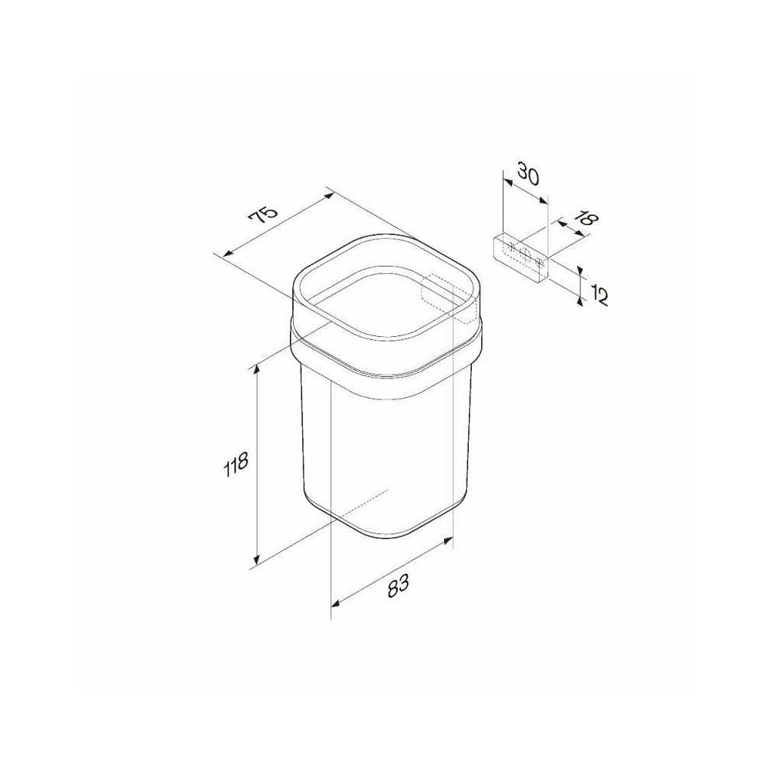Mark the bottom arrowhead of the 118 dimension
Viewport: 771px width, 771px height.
click(256, 559)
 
